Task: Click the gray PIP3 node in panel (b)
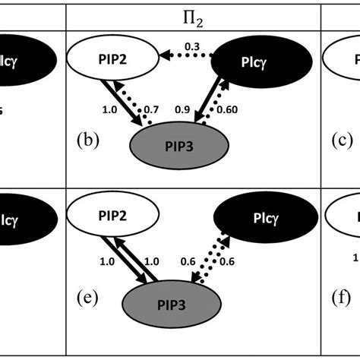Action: click(182, 145)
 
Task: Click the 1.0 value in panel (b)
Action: click(109, 109)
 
